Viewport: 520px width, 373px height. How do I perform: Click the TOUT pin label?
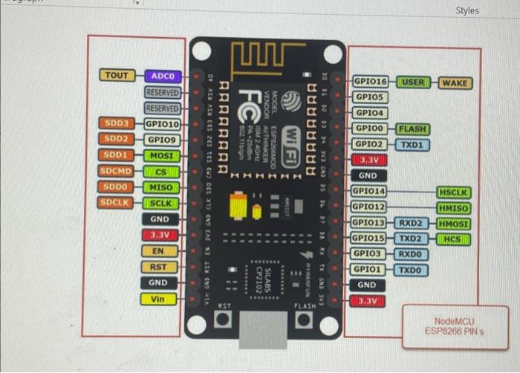click(116, 75)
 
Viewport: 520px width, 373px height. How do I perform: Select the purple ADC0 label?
click(162, 76)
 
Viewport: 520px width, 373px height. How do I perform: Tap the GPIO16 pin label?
click(370, 81)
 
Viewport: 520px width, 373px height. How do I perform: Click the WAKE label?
click(455, 82)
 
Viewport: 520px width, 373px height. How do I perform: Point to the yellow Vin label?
click(158, 299)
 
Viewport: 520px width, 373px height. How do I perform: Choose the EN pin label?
click(159, 250)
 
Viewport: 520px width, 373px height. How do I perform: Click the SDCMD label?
click(116, 171)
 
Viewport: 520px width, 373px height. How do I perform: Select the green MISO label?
click(160, 187)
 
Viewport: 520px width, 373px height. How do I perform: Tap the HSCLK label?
click(454, 192)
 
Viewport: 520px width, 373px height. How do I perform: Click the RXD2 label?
click(411, 223)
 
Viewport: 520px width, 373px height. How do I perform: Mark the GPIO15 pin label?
click(368, 239)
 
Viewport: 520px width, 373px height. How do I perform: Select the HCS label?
click(453, 239)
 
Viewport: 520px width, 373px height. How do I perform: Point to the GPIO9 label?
click(161, 139)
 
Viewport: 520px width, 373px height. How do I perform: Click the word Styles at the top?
click(467, 10)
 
